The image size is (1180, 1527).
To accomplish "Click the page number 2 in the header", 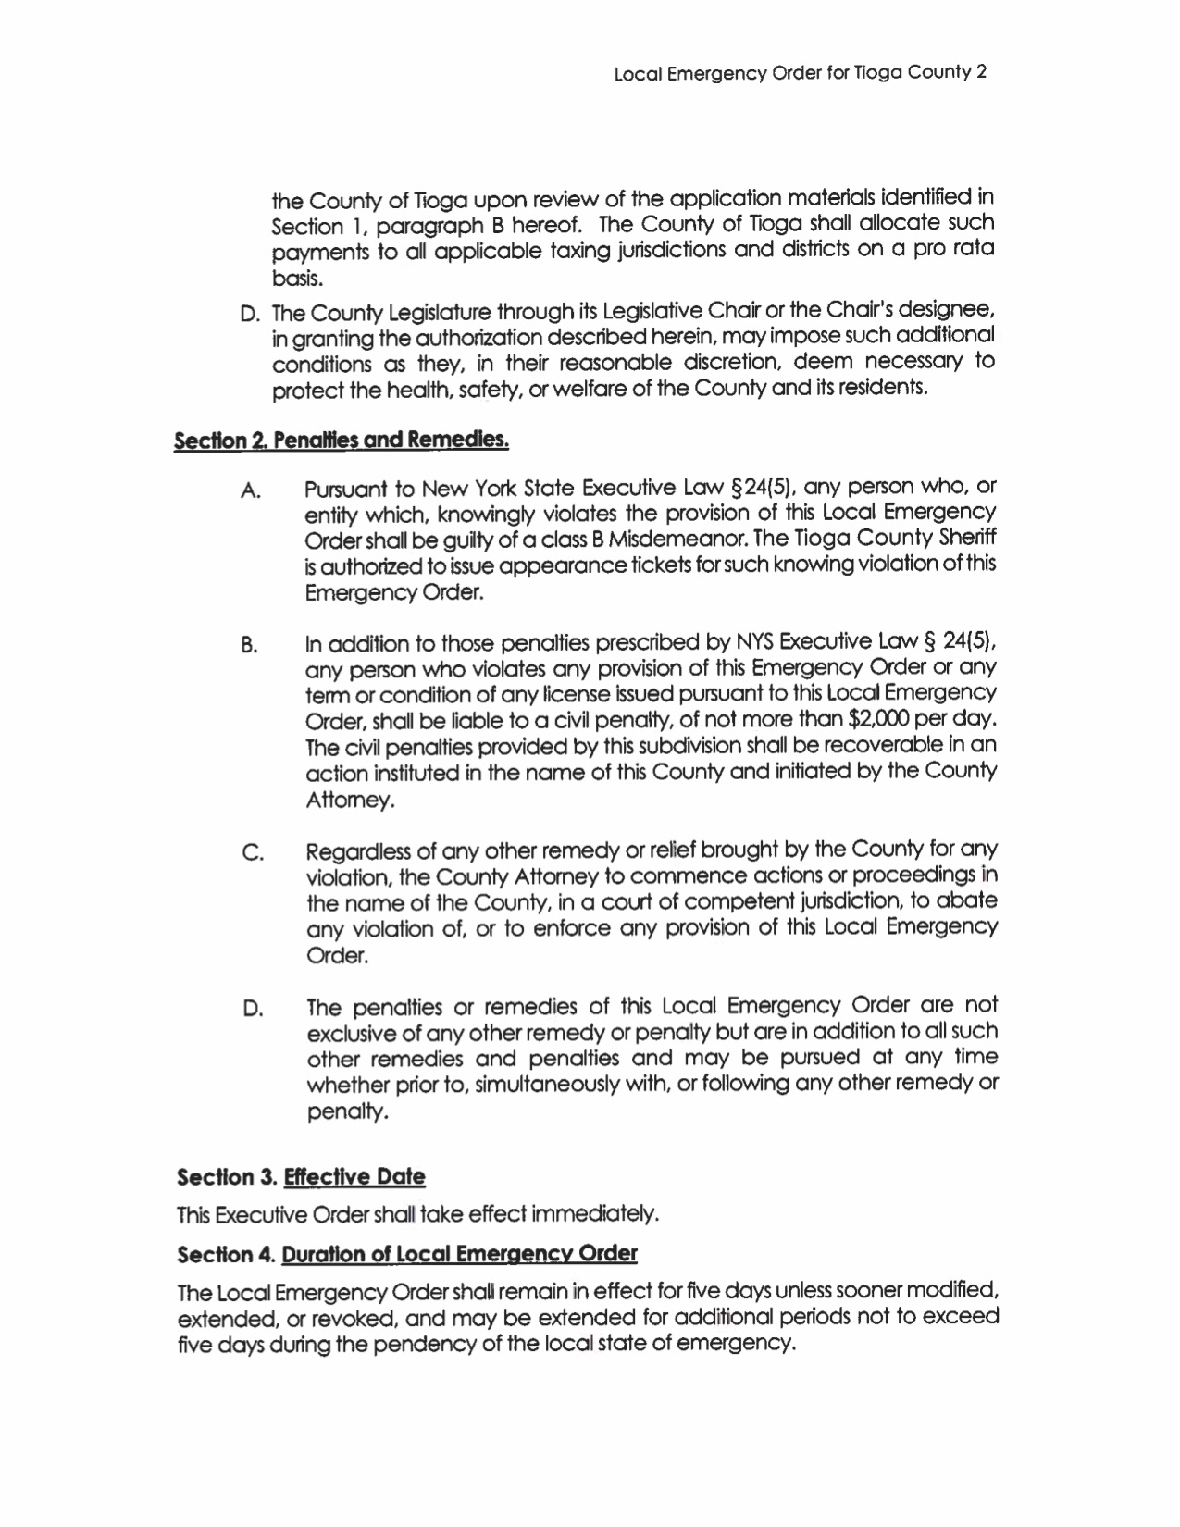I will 983,72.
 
